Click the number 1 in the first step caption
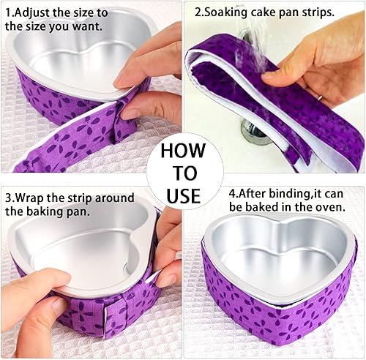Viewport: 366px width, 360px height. point(8,12)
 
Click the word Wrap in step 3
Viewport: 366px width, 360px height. point(31,198)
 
